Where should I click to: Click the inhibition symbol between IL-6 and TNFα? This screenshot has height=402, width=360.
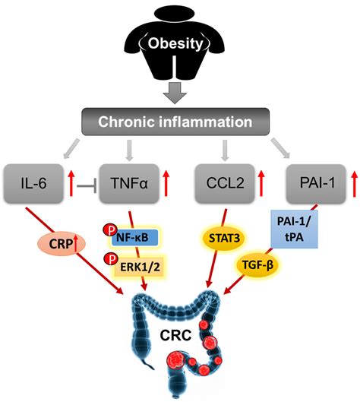click(x=86, y=183)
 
